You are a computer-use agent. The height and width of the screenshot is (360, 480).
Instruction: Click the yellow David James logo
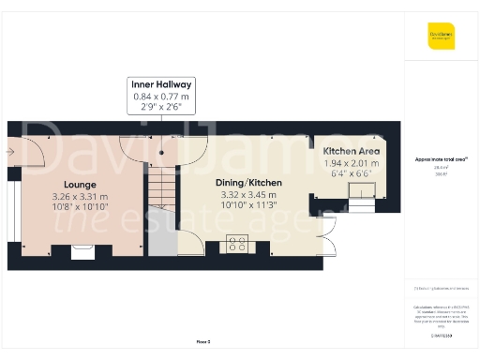(x=441, y=37)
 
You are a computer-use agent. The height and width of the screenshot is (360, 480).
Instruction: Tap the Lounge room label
(x=80, y=185)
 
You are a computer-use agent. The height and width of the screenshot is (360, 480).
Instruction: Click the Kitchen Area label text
(x=352, y=150)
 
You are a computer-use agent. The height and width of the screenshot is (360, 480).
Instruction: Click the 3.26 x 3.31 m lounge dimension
(x=80, y=197)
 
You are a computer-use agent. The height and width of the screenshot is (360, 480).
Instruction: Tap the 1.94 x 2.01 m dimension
(x=352, y=162)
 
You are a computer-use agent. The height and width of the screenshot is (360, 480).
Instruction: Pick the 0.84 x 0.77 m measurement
(x=160, y=97)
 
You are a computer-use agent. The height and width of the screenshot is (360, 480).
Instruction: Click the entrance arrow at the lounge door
(x=8, y=149)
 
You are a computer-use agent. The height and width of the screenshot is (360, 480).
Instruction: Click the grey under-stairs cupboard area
(x=162, y=239)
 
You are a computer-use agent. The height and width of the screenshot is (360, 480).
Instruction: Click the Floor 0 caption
(x=202, y=343)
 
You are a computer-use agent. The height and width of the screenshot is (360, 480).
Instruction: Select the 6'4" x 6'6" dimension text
(x=352, y=173)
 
